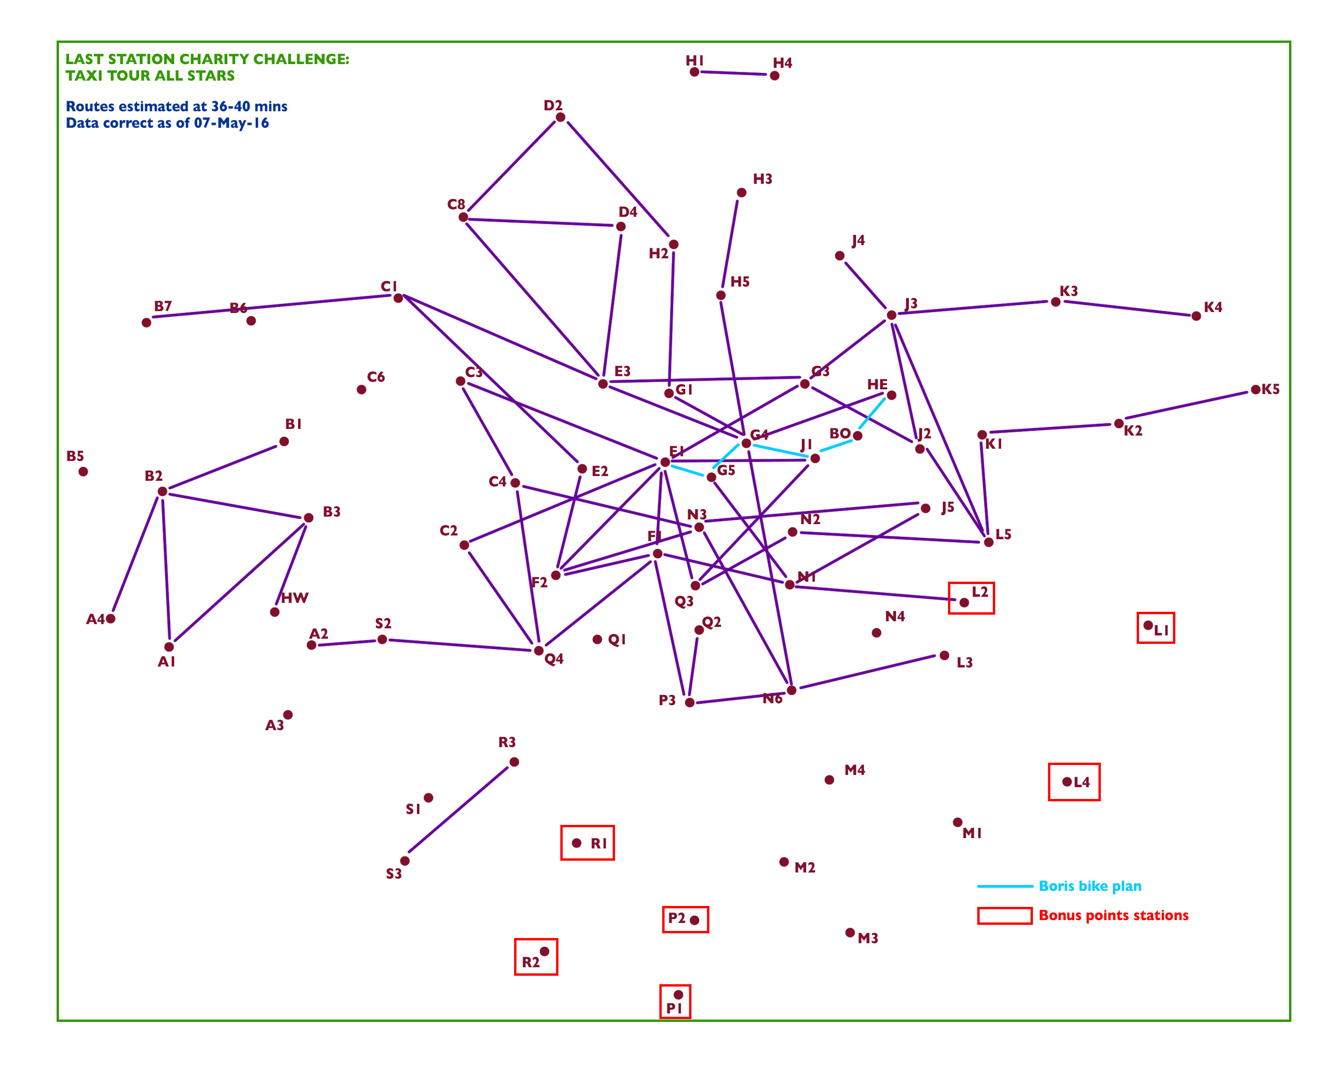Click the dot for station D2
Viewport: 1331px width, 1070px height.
click(x=560, y=117)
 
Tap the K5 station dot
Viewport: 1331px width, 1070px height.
click(x=1255, y=390)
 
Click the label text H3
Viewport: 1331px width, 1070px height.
click(x=762, y=179)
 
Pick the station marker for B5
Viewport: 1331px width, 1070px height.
click(x=83, y=471)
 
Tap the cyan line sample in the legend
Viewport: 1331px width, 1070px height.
click(x=1005, y=886)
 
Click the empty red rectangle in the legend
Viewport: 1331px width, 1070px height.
click(x=1005, y=916)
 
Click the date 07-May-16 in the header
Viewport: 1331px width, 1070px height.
click(x=232, y=123)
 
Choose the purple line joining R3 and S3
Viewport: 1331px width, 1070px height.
click(x=459, y=811)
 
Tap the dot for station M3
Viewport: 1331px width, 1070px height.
click(x=850, y=932)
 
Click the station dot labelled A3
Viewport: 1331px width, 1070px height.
click(x=288, y=715)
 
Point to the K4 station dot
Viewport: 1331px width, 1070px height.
click(x=1196, y=316)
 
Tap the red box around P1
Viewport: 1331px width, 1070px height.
click(x=675, y=986)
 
